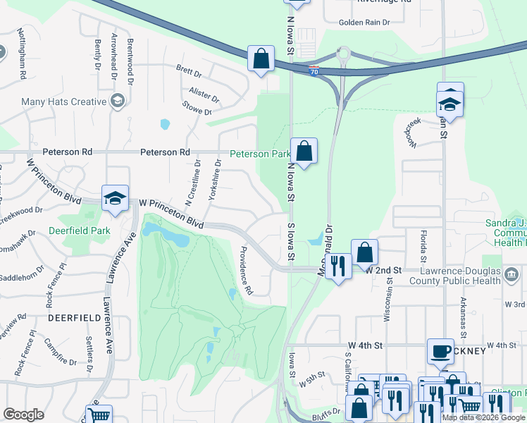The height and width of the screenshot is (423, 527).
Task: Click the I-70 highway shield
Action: coord(313,70)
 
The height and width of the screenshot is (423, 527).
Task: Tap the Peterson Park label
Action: coord(260,154)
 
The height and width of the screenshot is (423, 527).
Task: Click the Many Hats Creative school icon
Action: coord(118,102)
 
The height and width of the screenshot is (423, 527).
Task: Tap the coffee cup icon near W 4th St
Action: coord(441,350)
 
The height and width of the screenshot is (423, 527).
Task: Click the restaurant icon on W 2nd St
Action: coord(340,266)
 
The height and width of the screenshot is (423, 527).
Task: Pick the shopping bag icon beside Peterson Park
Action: coord(304,150)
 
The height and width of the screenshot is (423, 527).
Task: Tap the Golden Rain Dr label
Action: coord(364,23)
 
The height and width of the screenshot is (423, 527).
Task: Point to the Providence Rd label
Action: coord(245,271)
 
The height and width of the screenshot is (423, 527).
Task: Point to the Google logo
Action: coord(23,415)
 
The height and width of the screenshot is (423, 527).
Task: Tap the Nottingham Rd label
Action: coord(23,54)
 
